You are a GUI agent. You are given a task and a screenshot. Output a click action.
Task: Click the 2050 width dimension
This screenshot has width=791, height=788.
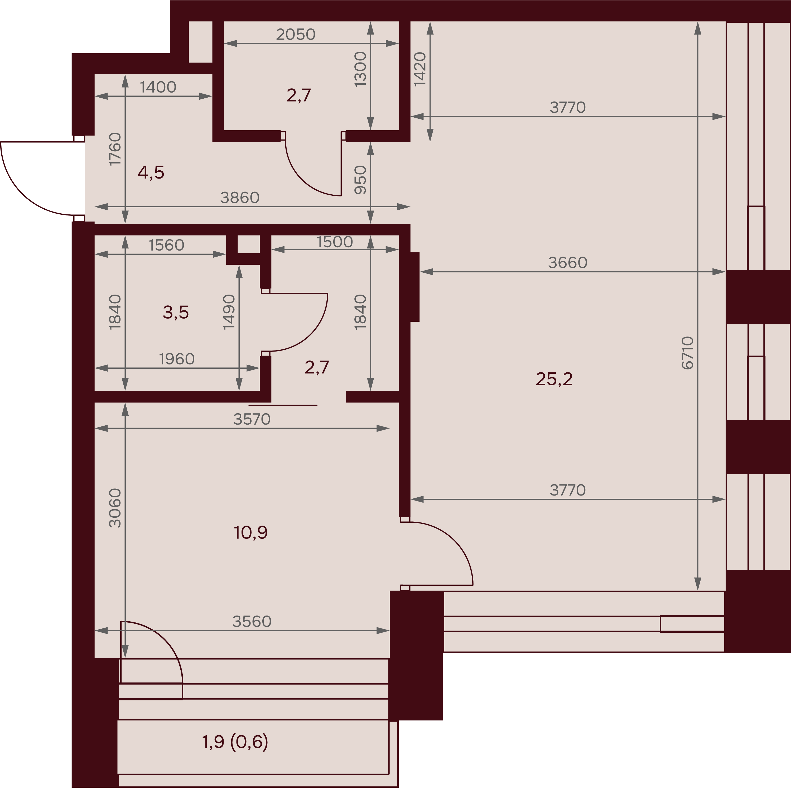[x=296, y=34]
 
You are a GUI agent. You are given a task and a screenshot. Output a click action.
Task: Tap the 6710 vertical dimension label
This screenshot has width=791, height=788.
[x=688, y=353]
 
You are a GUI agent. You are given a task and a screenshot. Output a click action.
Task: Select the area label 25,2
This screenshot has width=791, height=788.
[x=554, y=379]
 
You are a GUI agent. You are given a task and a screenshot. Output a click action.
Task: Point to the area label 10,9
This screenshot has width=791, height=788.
[x=250, y=532]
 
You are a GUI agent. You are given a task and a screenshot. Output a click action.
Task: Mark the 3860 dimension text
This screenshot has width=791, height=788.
[x=240, y=198]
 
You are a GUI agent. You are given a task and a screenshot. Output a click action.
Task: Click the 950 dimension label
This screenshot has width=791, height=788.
[x=360, y=180]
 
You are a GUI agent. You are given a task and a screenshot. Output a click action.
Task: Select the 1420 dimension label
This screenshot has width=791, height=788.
[x=420, y=69]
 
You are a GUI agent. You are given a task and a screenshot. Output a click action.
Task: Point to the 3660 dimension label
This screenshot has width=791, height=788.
[x=568, y=262]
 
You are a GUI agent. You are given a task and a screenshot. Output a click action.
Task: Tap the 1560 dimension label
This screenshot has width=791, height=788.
[x=166, y=245]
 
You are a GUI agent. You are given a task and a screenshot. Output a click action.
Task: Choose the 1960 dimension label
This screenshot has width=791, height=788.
[x=177, y=359]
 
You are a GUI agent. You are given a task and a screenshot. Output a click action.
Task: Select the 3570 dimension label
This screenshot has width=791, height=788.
[x=252, y=419]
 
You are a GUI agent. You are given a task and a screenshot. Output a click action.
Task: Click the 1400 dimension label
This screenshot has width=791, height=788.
[x=158, y=87]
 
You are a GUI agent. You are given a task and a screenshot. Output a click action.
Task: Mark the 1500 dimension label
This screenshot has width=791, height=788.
[x=335, y=242]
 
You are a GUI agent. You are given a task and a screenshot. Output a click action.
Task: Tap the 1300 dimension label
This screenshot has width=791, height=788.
[x=360, y=69]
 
